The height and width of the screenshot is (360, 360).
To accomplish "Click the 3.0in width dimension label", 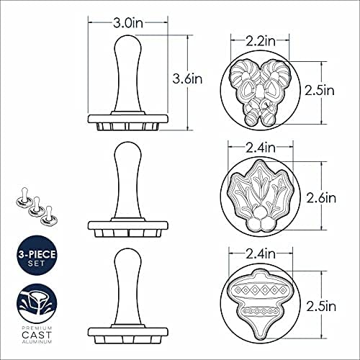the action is (x=128, y=23).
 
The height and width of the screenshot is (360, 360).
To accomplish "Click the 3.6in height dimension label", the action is (x=187, y=78).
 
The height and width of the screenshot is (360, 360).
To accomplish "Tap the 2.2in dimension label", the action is (x=260, y=41).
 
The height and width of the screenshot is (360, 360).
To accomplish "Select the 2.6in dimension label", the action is (x=321, y=198).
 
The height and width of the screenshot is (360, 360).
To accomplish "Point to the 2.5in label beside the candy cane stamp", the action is (x=320, y=91).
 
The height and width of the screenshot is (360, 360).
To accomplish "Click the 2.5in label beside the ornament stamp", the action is (x=321, y=307).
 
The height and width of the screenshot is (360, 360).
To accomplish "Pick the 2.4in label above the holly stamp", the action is (x=261, y=148).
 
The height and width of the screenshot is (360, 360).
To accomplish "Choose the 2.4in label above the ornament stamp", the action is (x=261, y=254).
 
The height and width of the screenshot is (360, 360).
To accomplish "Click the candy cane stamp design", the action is (x=261, y=93).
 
